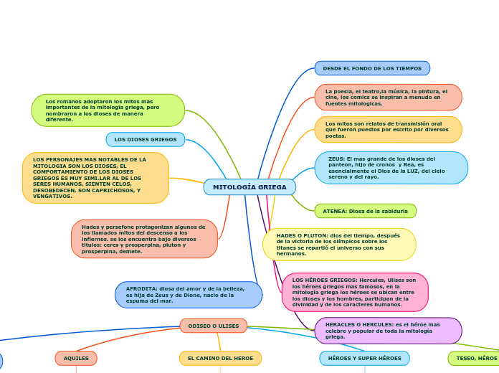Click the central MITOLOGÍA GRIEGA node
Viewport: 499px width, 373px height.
(249, 187)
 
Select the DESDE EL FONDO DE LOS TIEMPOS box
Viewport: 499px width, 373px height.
(372, 68)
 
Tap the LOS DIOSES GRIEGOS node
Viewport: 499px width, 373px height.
(146, 139)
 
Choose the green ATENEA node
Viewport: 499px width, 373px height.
(365, 211)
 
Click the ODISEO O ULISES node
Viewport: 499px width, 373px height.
(214, 326)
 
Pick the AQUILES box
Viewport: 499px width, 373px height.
(76, 358)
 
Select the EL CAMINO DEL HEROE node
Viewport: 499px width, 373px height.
(220, 358)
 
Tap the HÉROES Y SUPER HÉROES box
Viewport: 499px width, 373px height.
(364, 358)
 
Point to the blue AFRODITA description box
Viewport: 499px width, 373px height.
(189, 295)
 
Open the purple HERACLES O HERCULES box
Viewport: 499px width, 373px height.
(388, 331)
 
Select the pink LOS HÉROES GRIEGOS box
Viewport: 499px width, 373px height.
(355, 292)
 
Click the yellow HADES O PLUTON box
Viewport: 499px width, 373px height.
(339, 245)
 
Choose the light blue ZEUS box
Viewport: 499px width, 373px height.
(391, 167)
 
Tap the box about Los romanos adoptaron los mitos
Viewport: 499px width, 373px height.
(108, 110)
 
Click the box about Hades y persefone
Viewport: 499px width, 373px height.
(144, 239)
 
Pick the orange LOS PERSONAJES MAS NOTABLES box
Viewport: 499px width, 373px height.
(95, 178)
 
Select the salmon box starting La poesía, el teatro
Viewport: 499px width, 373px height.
(388, 97)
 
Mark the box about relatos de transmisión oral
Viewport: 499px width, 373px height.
(388, 130)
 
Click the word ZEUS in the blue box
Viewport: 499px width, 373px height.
(336, 159)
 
